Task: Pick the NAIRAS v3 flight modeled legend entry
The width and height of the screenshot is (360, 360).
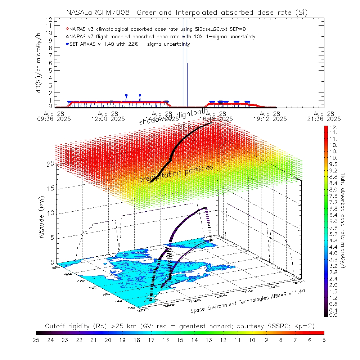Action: [x=162, y=36]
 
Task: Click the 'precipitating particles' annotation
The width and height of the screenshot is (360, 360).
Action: [x=176, y=174]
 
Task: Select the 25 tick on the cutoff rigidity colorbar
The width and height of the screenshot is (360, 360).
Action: [x=36, y=339]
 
